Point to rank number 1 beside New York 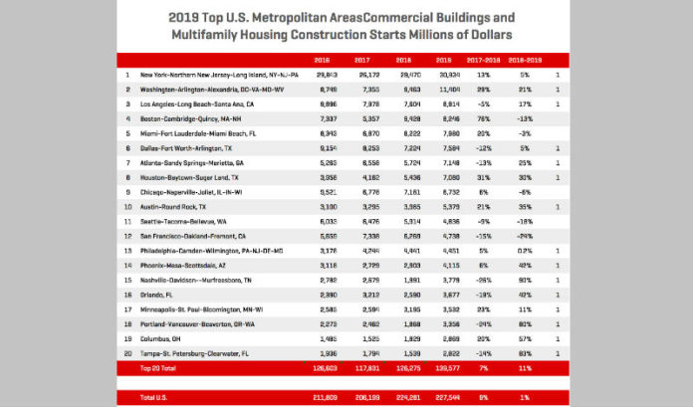pyautogui.click(x=127, y=75)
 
